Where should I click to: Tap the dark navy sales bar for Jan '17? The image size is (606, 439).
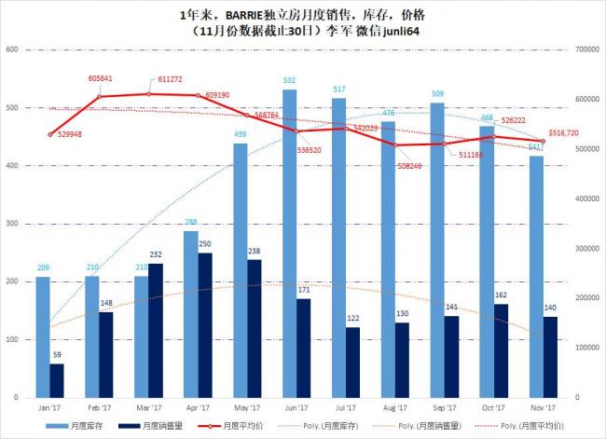pyautogui.click(x=58, y=380)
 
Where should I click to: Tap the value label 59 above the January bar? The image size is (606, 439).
pyautogui.click(x=58, y=355)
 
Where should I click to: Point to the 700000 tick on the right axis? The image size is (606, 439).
pyautogui.click(x=589, y=49)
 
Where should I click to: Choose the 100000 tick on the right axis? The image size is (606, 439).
pyautogui.click(x=589, y=347)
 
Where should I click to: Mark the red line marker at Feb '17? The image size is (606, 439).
pyautogui.click(x=100, y=96)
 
